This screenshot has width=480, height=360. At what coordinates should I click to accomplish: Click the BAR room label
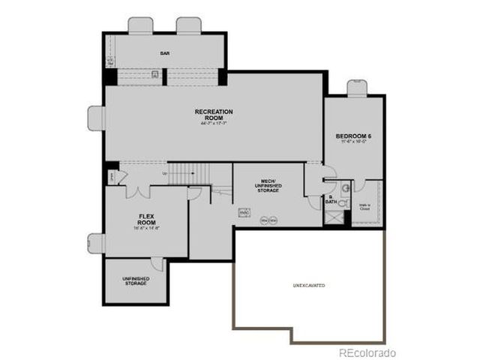point(165,53)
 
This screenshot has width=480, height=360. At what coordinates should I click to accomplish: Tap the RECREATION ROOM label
point(214,115)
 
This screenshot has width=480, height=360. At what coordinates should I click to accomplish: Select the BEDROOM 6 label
point(353,135)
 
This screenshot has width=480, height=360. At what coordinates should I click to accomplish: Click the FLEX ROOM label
point(146,219)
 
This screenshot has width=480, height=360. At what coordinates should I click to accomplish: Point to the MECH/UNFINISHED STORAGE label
point(268,185)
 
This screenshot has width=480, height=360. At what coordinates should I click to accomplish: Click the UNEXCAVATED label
point(308,286)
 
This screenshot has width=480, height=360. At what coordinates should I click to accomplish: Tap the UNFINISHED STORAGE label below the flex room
point(136,281)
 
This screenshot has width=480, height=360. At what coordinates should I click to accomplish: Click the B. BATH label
point(331,200)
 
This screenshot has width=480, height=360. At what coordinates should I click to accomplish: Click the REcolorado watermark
point(367,352)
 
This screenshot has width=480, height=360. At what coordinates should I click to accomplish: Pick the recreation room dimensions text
point(214,124)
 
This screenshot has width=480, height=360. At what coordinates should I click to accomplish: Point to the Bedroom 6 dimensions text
point(353,142)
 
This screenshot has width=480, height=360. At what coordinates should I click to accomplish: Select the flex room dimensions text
point(146,228)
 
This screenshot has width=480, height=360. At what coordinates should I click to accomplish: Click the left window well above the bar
point(140,25)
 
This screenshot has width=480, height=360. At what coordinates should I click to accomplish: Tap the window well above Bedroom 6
point(356,88)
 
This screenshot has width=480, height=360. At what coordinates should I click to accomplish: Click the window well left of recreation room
point(96,118)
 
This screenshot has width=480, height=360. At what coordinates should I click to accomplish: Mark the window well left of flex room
point(96,243)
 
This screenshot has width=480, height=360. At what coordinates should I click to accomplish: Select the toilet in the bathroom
point(343,202)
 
